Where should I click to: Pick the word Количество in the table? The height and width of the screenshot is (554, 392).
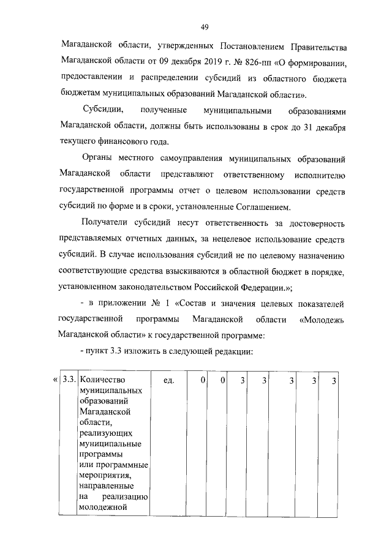[101, 381]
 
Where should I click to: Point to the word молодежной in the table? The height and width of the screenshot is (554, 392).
[102, 507]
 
